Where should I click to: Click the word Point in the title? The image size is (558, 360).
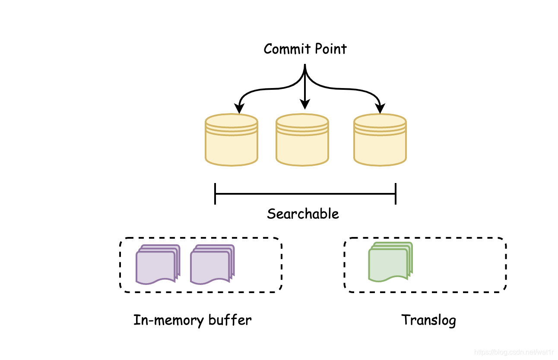(331, 49)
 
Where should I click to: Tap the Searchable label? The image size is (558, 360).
(303, 214)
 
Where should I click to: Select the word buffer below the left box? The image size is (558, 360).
(230, 320)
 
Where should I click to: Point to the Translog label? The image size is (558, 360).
(428, 320)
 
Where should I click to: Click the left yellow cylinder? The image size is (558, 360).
(231, 140)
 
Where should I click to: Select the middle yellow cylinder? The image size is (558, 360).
(302, 140)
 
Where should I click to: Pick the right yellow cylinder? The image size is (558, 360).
(380, 140)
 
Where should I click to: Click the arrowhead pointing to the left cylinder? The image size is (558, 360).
(239, 108)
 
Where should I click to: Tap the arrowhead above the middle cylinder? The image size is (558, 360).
(305, 104)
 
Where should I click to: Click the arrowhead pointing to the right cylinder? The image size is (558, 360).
(380, 108)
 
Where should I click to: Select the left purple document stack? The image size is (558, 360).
(158, 265)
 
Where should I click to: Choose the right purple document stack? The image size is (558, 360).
(212, 265)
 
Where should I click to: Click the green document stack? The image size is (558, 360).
(390, 262)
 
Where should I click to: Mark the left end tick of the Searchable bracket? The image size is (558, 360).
(215, 194)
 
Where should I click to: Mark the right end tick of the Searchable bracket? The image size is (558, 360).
(396, 194)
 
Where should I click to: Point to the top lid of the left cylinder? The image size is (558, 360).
(231, 121)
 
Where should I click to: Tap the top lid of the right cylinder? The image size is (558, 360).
(380, 121)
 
